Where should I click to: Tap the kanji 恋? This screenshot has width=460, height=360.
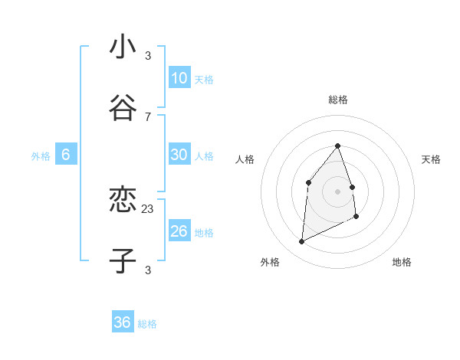[x=123, y=201]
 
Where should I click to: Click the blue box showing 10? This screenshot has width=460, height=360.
[x=179, y=78]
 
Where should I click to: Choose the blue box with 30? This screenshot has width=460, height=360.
[x=179, y=155]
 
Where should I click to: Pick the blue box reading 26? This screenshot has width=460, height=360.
[x=179, y=231]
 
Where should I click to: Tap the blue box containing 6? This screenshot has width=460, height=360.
[x=65, y=155]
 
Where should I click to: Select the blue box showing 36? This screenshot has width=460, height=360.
[x=122, y=322]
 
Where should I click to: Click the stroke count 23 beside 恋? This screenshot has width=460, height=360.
[x=148, y=208]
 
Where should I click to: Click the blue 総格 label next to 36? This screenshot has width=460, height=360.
[x=147, y=324]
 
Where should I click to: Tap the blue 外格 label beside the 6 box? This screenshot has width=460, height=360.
[x=41, y=156]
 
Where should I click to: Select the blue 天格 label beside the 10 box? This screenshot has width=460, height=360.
[x=204, y=80]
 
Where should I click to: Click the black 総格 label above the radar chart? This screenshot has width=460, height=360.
[x=338, y=100]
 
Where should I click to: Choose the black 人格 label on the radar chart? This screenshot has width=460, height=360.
[x=245, y=159]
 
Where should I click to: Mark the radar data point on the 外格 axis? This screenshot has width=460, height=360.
[x=301, y=242]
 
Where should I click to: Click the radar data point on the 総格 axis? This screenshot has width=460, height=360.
[x=337, y=146]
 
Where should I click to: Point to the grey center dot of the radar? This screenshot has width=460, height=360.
[x=337, y=191]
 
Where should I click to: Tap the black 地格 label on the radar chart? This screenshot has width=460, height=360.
[x=402, y=262]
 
